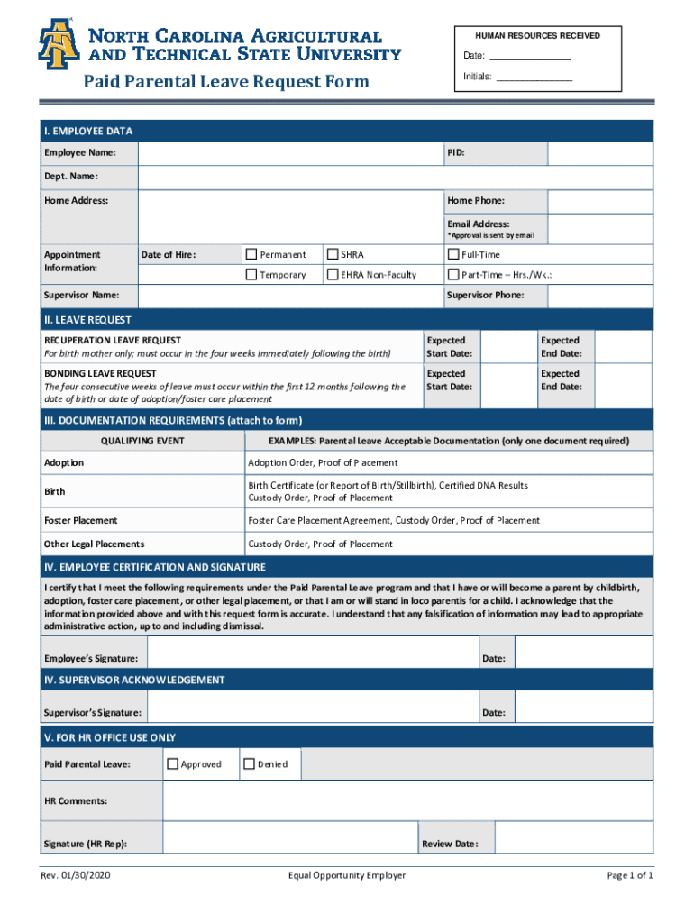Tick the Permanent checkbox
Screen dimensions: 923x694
pos(251,255)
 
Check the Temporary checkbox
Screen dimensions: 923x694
pos(251,275)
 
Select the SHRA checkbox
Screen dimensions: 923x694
pos(333,255)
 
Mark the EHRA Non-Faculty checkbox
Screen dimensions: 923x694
pos(333,275)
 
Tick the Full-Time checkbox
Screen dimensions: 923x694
pos(453,255)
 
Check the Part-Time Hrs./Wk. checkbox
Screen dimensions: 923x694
pos(453,275)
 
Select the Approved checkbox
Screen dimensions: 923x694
pos(172,763)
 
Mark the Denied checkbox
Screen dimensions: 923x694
pos(249,763)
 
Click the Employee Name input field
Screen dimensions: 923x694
pos(288,154)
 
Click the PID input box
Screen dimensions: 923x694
pos(599,154)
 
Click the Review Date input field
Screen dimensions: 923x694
pos(573,844)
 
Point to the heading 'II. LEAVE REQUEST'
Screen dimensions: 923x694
pos(88,320)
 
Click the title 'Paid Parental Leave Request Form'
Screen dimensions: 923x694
pos(226,82)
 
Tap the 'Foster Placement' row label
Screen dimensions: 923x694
pos(81,520)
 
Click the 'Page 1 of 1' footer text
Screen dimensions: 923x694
pos(629,875)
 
